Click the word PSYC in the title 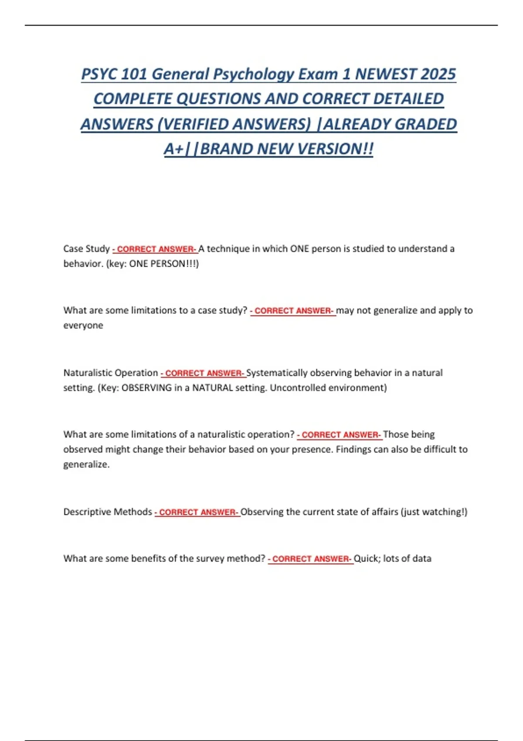[99, 74]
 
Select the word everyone [83, 326]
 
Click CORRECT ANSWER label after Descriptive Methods [197, 512]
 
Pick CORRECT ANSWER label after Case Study [155, 249]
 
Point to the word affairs [382, 512]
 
